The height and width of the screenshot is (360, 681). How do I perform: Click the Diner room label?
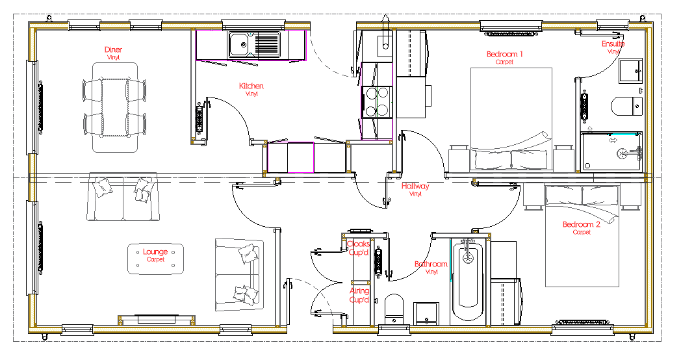[113, 50]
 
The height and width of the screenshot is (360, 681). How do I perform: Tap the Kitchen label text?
[251, 86]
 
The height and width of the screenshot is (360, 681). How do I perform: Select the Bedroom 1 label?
[505, 55]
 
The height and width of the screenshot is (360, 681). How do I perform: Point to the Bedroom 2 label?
[582, 224]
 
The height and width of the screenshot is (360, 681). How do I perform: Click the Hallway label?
[415, 186]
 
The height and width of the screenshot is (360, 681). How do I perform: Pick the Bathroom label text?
[431, 264]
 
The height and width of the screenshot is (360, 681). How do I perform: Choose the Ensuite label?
[613, 44]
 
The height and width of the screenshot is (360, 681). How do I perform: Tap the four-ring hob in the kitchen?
[376, 101]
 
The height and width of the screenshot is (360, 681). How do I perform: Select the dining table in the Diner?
[114, 107]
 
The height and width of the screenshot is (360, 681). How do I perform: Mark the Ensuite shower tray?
[611, 152]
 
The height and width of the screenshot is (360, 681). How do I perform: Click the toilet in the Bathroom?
[394, 309]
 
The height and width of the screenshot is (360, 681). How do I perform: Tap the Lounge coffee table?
[155, 259]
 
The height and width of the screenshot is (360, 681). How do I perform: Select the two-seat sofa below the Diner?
[123, 197]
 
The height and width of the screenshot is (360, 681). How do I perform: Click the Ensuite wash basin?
[630, 71]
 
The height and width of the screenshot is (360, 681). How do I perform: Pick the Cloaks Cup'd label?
[359, 248]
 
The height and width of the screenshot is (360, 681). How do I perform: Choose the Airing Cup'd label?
[359, 295]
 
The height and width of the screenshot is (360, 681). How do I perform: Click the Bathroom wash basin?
[426, 313]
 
